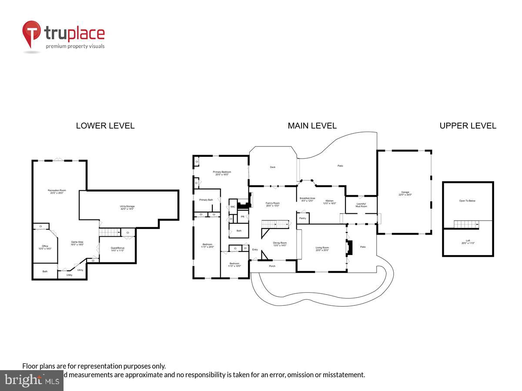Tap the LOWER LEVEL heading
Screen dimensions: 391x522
105,126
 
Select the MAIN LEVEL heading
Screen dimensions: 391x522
312,126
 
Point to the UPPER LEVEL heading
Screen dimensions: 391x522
468,126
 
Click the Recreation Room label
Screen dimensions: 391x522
57,192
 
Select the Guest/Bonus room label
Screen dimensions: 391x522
117,249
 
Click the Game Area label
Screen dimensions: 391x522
77,243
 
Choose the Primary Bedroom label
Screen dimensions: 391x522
222,173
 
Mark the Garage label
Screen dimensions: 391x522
405,193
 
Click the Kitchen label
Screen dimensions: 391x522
330,202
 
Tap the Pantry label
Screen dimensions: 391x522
303,218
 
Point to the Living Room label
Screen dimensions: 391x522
322,249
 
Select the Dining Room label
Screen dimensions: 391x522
280,244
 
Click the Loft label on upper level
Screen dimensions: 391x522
468,241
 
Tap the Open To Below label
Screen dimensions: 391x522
468,201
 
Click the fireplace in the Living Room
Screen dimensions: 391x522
348,247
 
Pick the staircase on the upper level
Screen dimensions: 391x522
466,224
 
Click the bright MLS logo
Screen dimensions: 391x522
31,381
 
